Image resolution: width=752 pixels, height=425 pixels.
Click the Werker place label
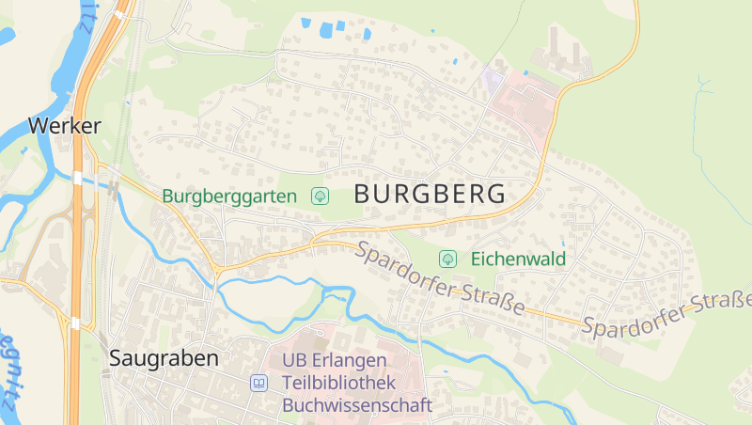click(64, 125)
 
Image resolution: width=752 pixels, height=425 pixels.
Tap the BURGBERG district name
click(431, 195)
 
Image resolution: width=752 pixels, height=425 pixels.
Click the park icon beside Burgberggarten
click(321, 196)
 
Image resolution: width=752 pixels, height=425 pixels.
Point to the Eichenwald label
click(519, 258)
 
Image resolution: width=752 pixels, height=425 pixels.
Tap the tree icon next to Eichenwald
click(448, 258)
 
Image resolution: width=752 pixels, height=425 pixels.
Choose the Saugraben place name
click(164, 358)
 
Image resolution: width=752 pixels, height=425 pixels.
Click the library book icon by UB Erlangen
click(258, 383)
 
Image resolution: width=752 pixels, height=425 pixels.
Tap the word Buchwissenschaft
click(357, 405)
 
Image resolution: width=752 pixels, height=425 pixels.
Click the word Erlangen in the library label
click(348, 361)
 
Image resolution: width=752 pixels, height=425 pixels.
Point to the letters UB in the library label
click(294, 361)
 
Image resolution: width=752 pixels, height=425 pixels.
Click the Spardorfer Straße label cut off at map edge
click(667, 316)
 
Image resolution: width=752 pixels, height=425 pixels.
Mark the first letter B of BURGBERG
click(363, 195)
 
